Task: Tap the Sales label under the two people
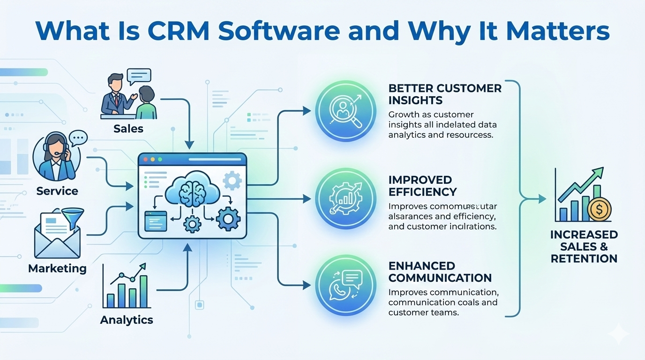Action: tap(128, 128)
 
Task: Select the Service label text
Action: tap(57, 191)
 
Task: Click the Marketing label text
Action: tap(57, 269)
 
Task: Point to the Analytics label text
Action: tap(127, 320)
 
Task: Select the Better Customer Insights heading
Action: tap(445, 94)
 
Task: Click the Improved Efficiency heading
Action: tap(422, 186)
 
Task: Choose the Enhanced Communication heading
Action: tap(440, 272)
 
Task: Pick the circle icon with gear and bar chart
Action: tap(345, 199)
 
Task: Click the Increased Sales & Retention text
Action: tap(584, 247)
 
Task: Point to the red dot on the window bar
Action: tap(145, 159)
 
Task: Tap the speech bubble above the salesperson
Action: tap(139, 76)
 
